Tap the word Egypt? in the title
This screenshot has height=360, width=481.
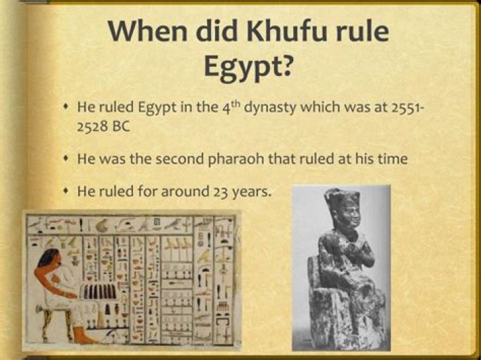[247, 66]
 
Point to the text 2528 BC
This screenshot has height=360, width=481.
[104, 127]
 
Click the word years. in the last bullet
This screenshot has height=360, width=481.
[251, 192]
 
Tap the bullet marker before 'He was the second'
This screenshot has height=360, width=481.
[65, 159]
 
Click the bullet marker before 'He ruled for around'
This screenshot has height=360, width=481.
[65, 191]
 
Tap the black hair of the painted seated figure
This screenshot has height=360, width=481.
[49, 258]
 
